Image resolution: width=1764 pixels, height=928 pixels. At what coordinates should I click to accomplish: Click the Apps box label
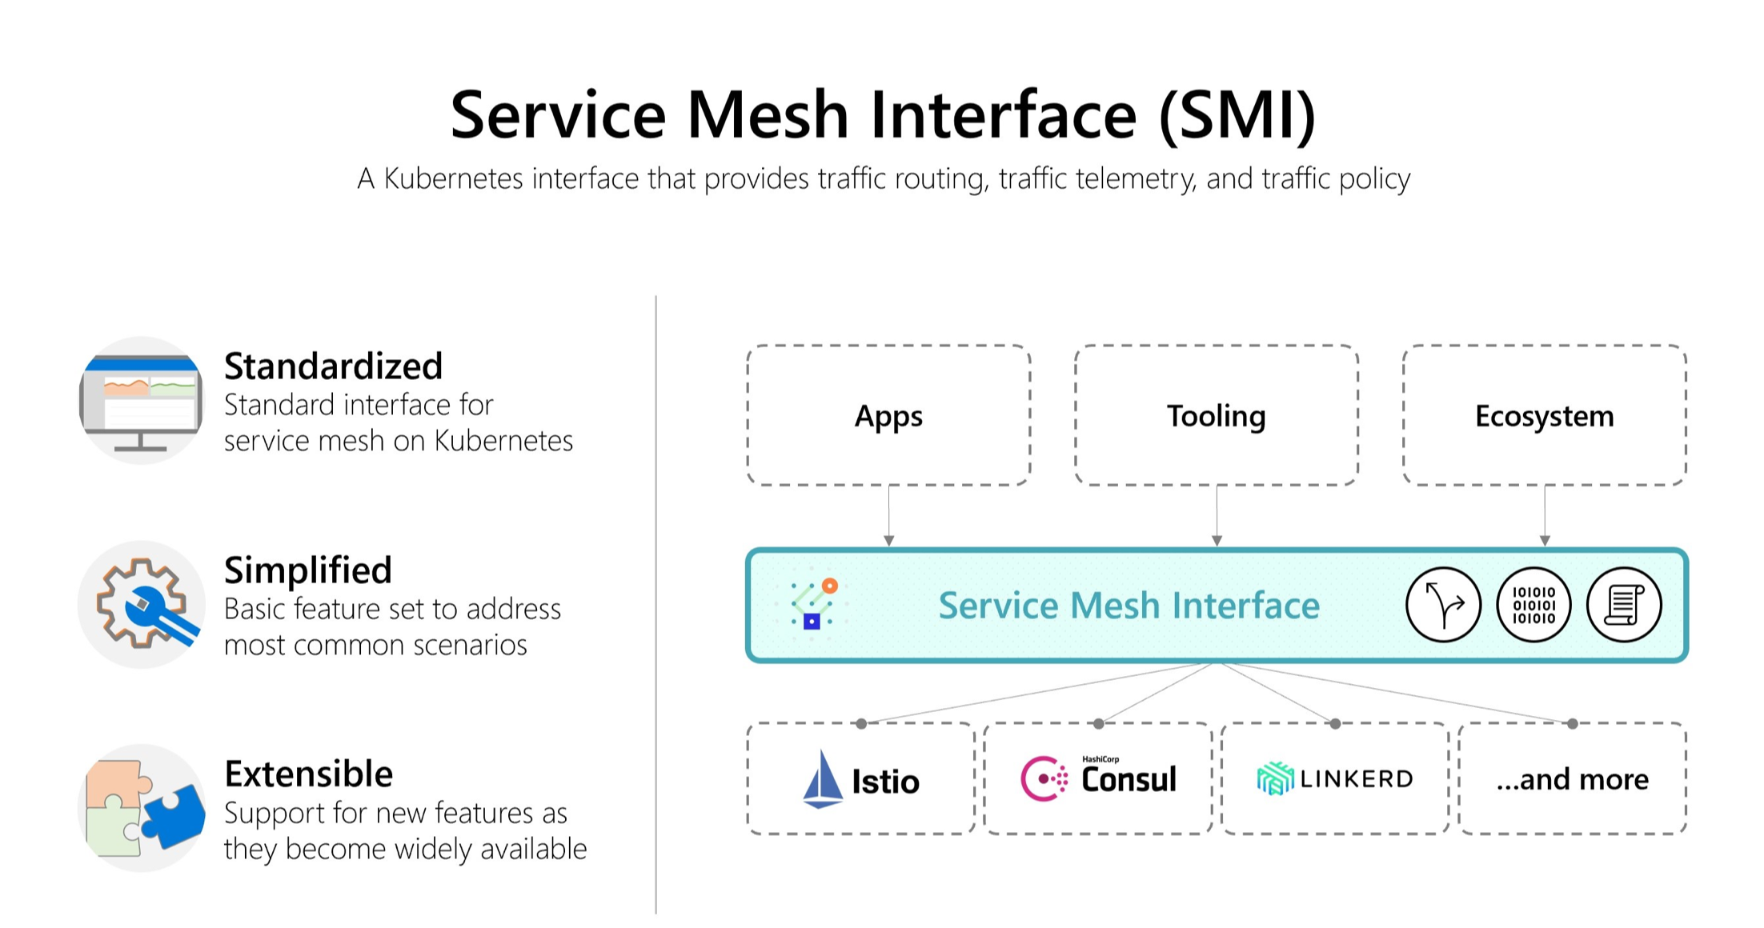click(x=888, y=416)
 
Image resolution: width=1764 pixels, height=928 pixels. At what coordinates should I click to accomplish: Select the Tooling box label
click(x=1216, y=416)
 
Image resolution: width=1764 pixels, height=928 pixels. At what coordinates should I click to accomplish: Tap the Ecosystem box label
click(x=1544, y=416)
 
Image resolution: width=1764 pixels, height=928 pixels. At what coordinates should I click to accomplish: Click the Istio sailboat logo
click(x=822, y=779)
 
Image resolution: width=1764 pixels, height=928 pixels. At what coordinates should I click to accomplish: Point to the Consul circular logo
click(x=1043, y=778)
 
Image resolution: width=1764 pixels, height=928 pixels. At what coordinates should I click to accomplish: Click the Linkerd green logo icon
click(x=1275, y=778)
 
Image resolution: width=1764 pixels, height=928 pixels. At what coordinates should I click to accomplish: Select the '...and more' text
click(x=1572, y=779)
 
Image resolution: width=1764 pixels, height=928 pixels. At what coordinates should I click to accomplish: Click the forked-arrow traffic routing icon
click(x=1443, y=605)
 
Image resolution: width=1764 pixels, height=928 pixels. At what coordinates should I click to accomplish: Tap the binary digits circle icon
click(x=1533, y=605)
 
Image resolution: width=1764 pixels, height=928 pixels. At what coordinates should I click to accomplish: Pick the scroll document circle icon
click(x=1624, y=605)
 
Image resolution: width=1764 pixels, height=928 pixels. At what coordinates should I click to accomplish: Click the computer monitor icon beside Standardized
click(x=142, y=401)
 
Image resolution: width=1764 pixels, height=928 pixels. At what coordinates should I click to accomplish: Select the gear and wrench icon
click(x=142, y=605)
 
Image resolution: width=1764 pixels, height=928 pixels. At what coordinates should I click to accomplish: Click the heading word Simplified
click(x=308, y=570)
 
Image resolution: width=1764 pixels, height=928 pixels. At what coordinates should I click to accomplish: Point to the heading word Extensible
click(x=309, y=774)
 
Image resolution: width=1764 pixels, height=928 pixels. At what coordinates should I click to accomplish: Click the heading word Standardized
click(x=333, y=366)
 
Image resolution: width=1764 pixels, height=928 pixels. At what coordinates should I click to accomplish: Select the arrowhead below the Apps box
click(x=888, y=541)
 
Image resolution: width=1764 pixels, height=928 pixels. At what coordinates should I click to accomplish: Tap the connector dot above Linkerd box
click(x=1335, y=724)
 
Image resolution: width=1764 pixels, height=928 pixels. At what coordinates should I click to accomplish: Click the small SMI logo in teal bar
click(x=813, y=604)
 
